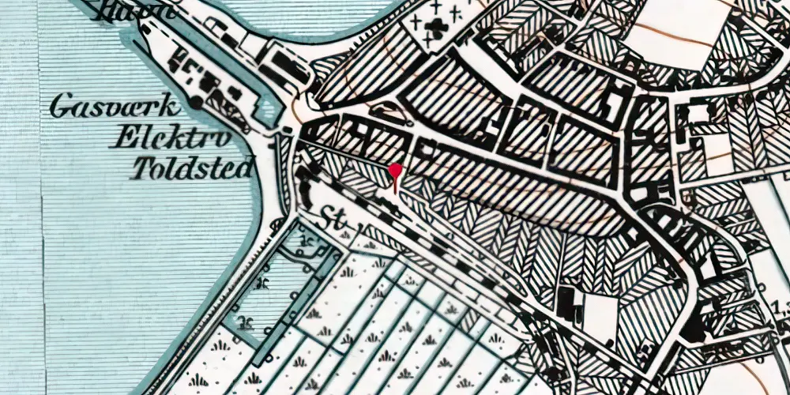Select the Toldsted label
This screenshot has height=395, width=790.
point(194,167)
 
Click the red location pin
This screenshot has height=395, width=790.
point(397,170)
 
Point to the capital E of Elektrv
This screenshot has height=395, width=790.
point(122,139)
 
